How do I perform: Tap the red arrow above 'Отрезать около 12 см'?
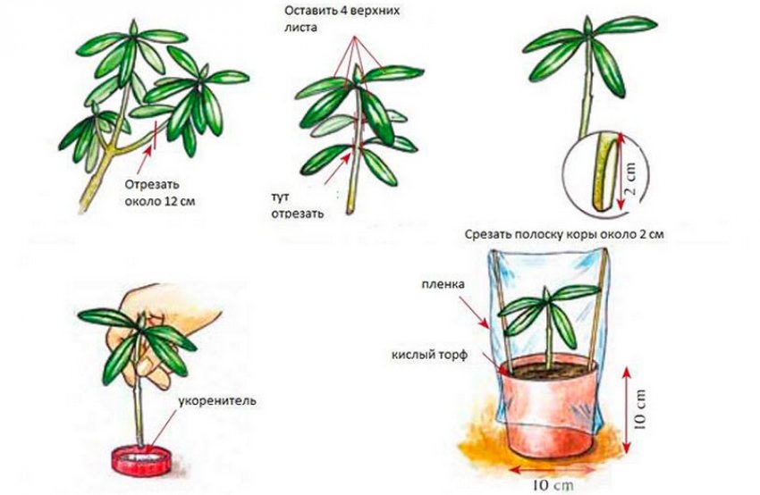click(146, 159)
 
